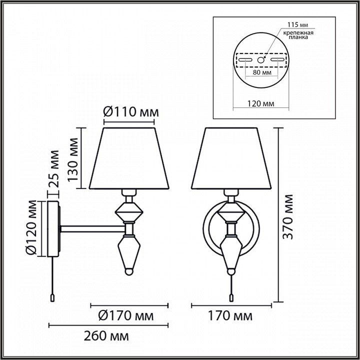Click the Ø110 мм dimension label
click(131, 112)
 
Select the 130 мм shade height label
click(73, 159)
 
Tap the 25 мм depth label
click(54, 169)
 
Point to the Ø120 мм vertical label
click(31, 227)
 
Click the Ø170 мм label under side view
click(126, 315)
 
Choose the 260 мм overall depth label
click(106, 336)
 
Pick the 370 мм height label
click(287, 217)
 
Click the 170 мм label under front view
click(230, 315)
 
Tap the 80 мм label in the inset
click(262, 72)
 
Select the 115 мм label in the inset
click(298, 24)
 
